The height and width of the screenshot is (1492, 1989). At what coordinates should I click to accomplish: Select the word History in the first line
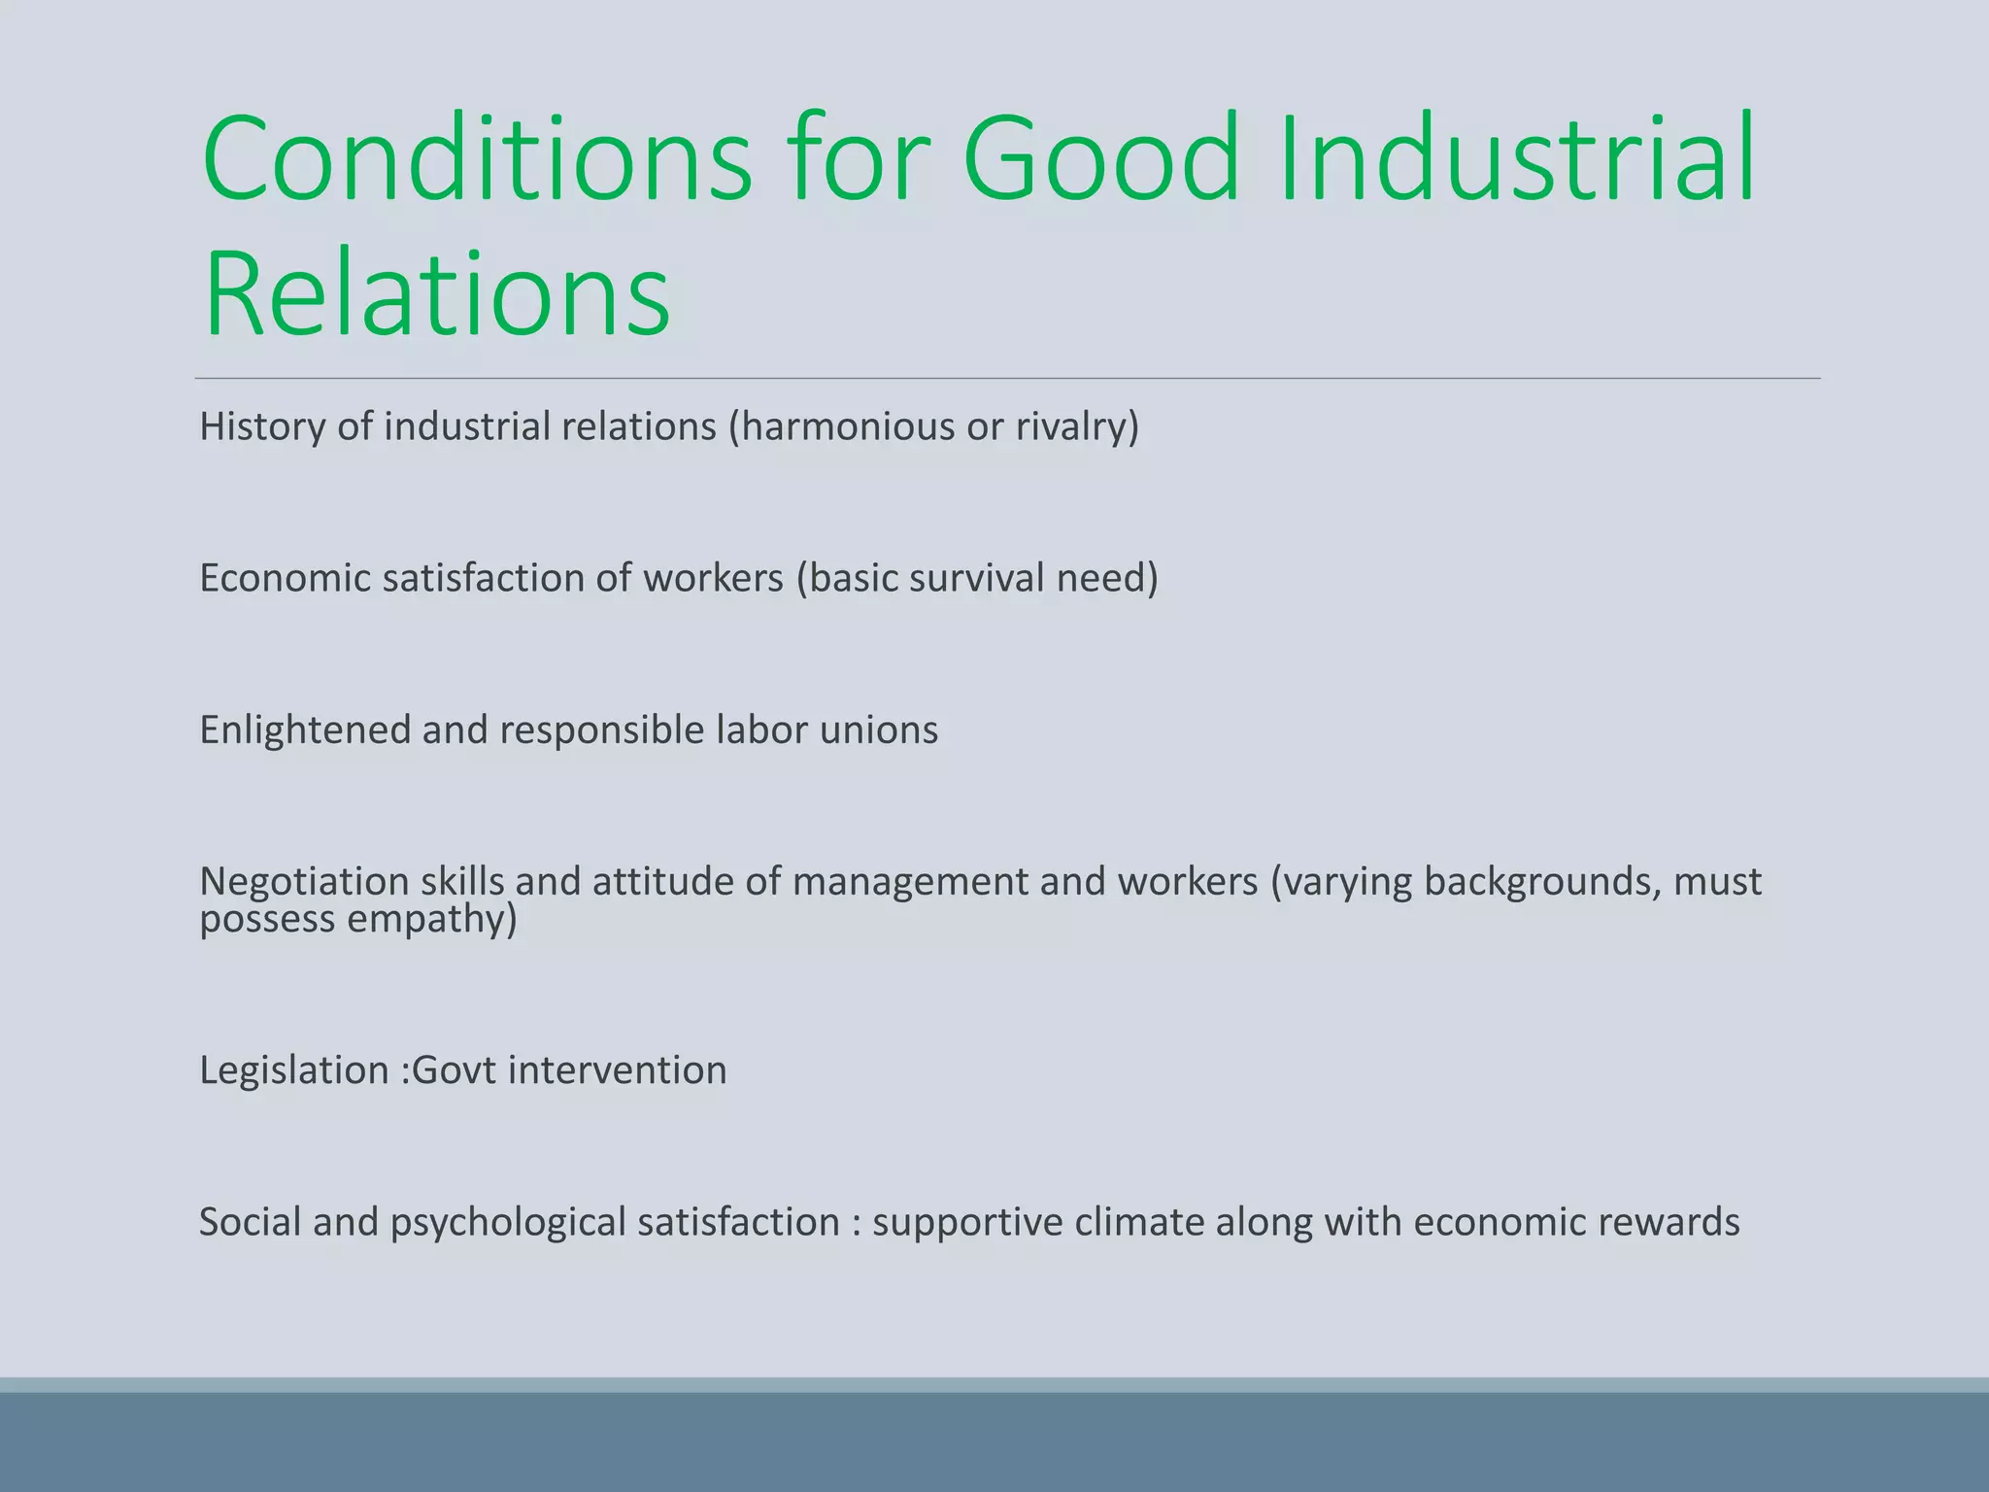262,426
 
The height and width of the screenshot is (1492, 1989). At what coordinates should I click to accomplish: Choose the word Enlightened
305,730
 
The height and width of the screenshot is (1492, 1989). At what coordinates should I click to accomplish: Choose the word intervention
617,1070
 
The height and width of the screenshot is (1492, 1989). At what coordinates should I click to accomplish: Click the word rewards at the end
1669,1222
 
